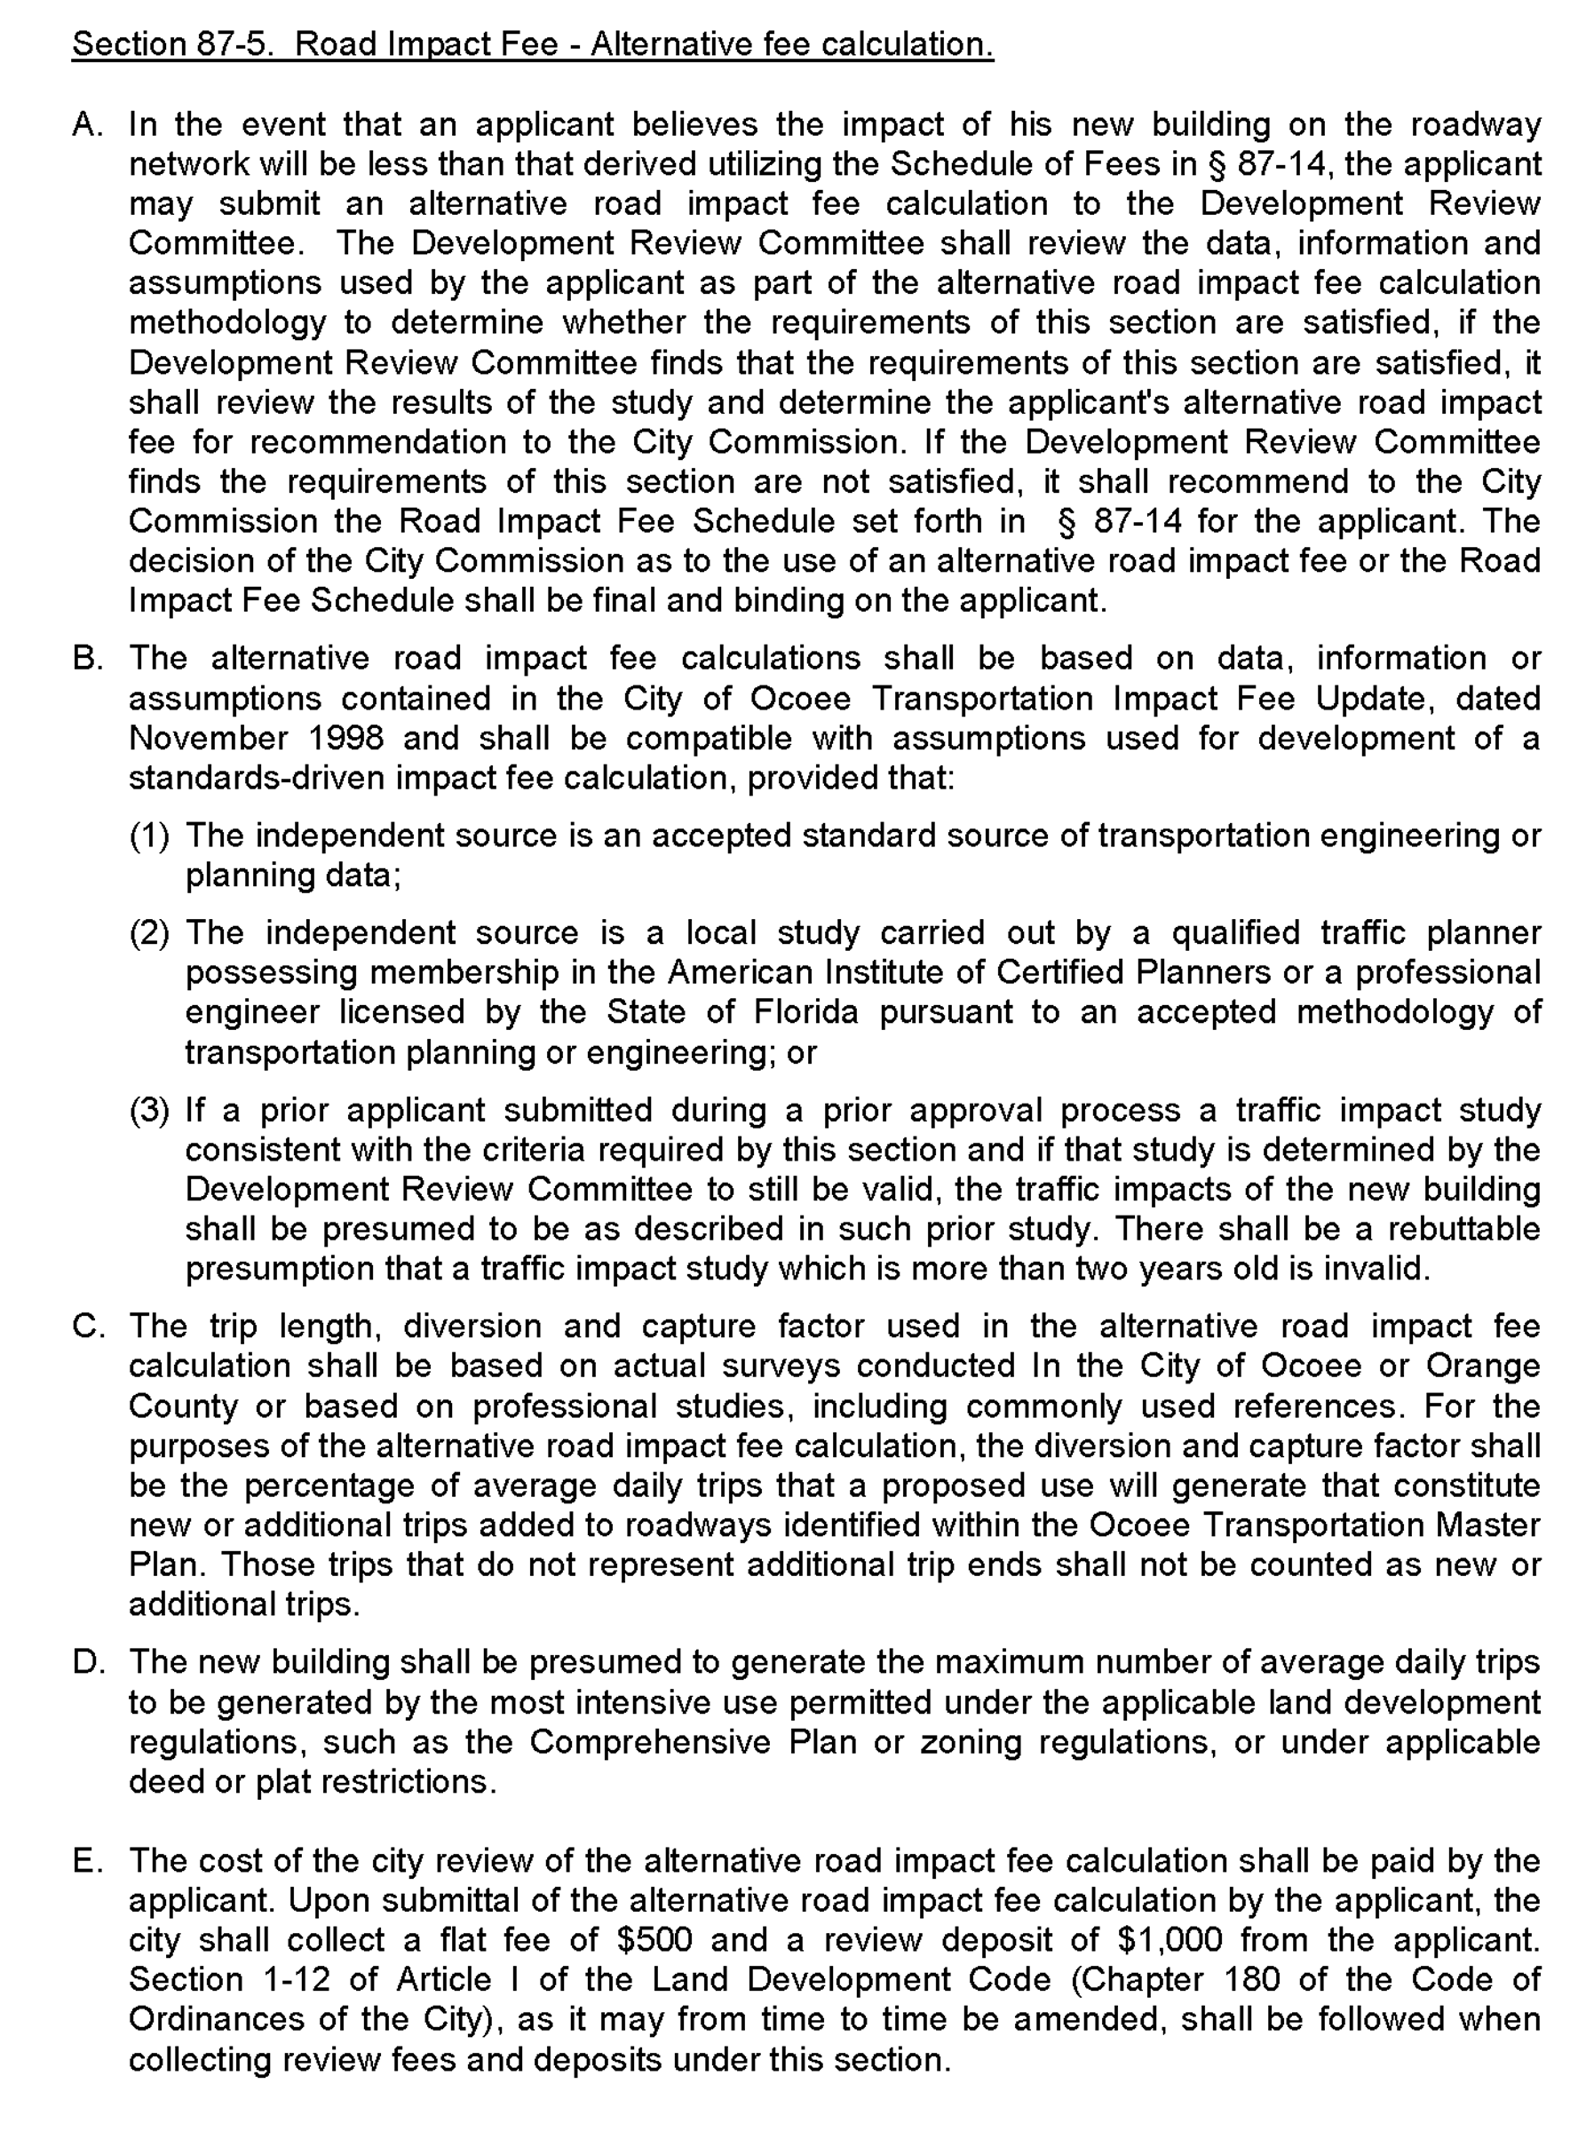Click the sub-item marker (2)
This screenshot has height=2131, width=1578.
pyautogui.click(x=149, y=932)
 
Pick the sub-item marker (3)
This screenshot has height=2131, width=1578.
pyautogui.click(x=149, y=1110)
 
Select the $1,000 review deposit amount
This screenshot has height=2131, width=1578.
pyautogui.click(x=1170, y=1940)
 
